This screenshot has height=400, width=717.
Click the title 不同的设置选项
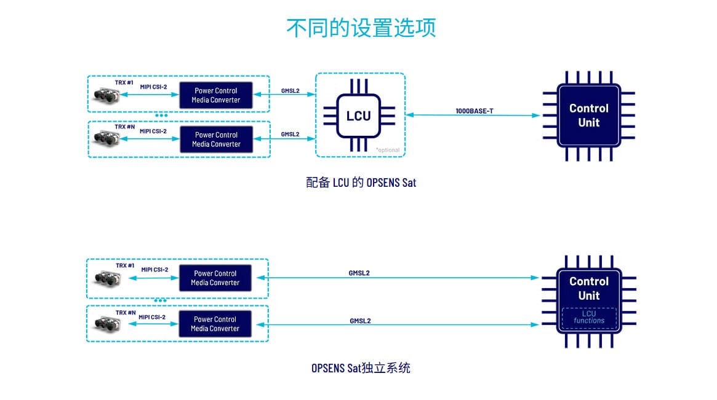[361, 28]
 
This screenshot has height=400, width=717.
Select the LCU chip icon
[358, 116]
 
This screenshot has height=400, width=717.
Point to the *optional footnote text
[388, 150]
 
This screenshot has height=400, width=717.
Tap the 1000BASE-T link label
[474, 111]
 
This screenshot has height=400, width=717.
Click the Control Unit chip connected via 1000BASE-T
[588, 116]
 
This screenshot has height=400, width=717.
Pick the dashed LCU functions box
[588, 317]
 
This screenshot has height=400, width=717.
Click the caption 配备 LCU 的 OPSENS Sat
[361, 182]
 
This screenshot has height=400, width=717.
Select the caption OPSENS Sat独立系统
[361, 369]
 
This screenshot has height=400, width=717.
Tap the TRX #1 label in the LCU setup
[124, 82]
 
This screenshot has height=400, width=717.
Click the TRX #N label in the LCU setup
[124, 127]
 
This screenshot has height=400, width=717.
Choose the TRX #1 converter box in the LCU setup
[216, 95]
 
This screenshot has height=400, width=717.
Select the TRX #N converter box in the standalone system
[215, 324]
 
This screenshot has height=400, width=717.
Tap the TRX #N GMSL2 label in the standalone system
[360, 321]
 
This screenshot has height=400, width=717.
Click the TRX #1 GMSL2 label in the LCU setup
[290, 91]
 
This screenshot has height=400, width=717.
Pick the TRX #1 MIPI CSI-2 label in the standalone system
[154, 270]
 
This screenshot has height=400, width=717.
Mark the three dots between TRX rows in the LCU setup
[161, 116]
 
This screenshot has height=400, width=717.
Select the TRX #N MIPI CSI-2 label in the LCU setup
[153, 131]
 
